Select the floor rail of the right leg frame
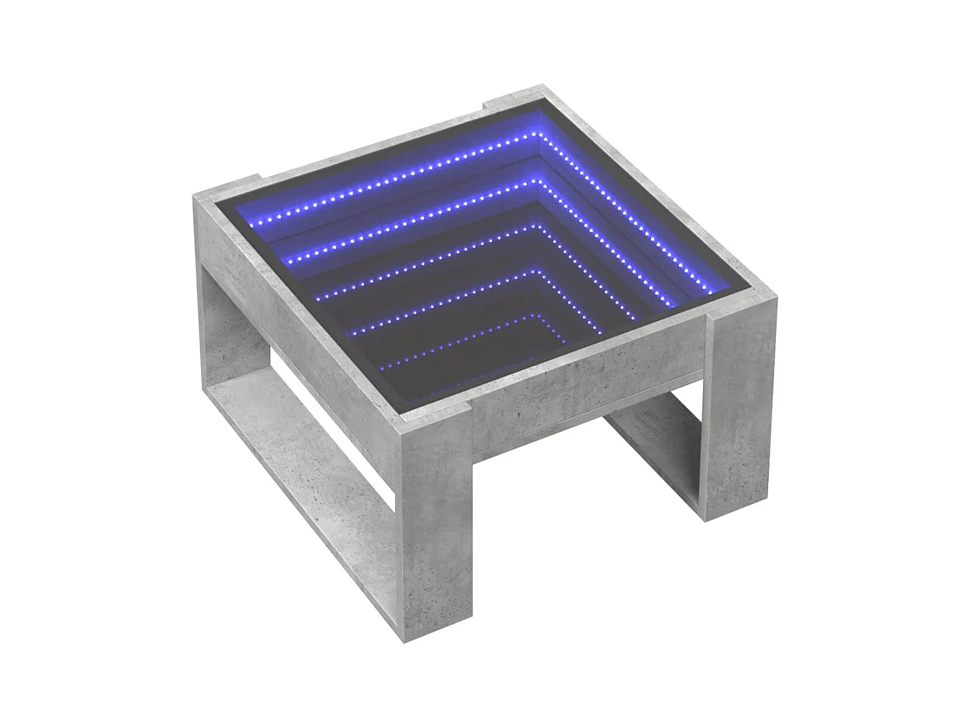(658, 456)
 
